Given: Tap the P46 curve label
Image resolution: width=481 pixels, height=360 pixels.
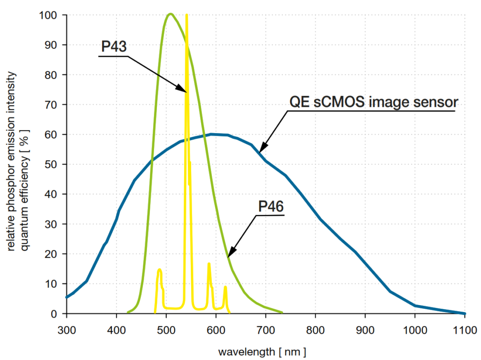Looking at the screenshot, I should click(271, 206).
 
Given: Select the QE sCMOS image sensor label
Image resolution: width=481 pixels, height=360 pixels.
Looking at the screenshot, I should click(372, 102).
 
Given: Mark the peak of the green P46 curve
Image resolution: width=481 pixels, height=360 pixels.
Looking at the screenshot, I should click(170, 14).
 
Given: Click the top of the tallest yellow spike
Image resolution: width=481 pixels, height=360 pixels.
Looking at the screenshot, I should click(186, 16).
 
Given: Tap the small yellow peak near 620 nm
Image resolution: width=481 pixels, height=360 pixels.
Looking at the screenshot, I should click(225, 287).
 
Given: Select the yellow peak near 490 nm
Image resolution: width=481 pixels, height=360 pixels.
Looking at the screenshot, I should click(160, 269).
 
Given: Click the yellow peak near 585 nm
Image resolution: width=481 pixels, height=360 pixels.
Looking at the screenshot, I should click(209, 264).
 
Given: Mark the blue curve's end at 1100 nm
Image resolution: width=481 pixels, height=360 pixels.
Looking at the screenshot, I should click(464, 313).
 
